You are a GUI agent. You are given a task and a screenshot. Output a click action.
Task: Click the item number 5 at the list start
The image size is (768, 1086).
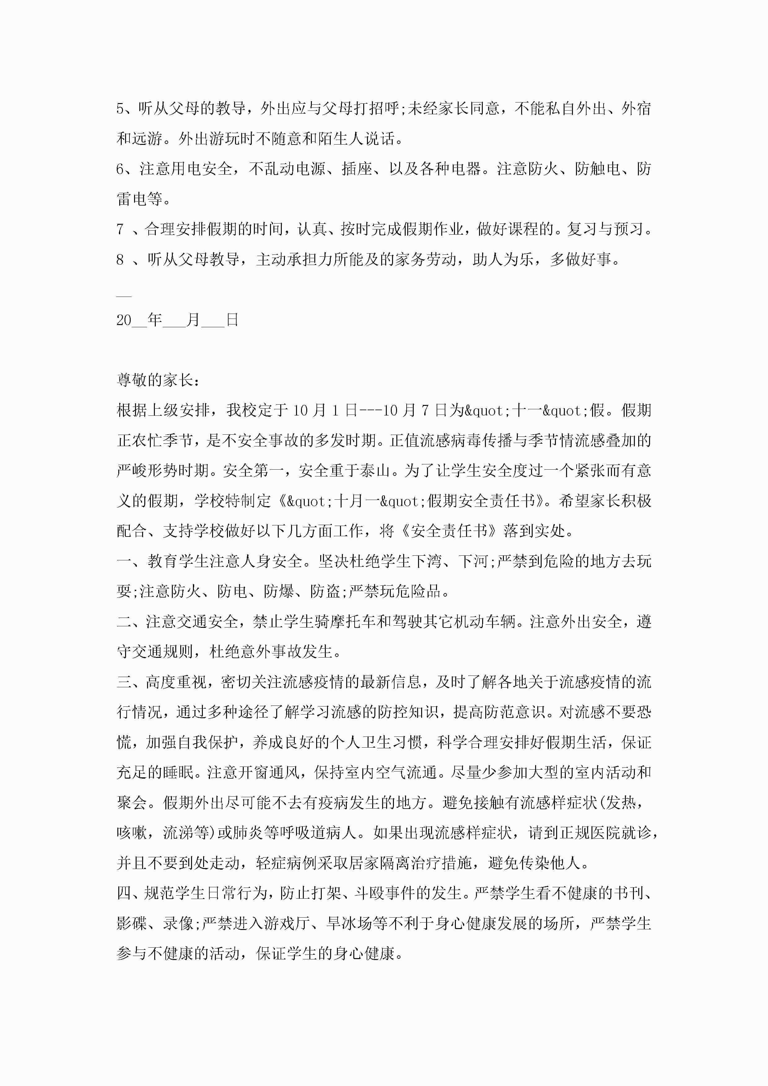click(x=120, y=109)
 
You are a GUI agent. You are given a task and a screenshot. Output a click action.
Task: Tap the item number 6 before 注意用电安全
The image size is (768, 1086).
click(x=120, y=169)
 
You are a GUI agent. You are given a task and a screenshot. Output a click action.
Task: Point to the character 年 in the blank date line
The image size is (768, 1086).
click(x=155, y=320)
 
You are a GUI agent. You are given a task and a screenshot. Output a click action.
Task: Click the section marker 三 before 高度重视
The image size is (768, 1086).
click(x=124, y=682)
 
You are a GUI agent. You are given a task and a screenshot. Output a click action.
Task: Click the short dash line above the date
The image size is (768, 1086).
click(x=124, y=296)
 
